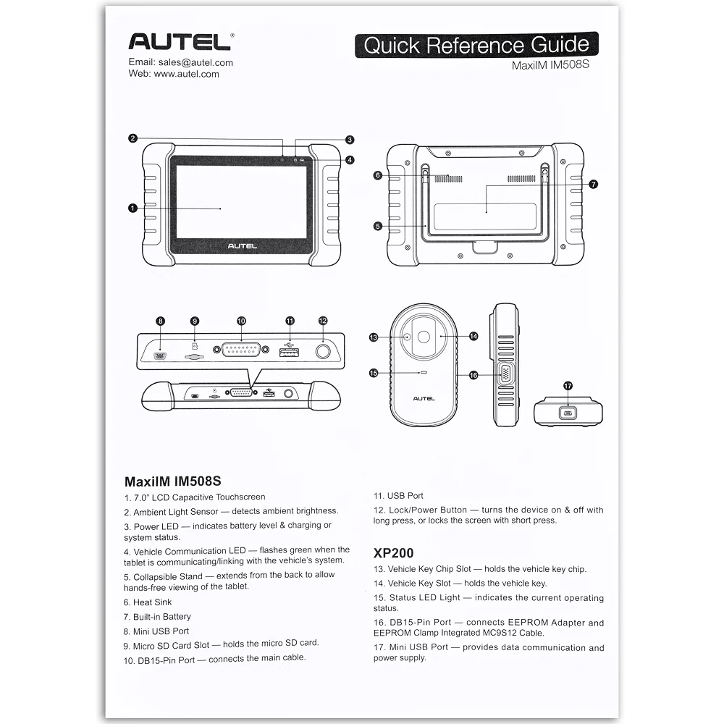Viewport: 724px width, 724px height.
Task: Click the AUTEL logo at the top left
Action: (180, 41)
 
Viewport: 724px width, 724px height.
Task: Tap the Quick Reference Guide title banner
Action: (476, 45)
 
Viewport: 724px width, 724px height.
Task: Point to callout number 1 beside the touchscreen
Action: (132, 209)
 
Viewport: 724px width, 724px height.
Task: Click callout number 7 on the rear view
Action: (593, 185)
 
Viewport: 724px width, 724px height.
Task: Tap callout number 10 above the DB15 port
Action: (241, 321)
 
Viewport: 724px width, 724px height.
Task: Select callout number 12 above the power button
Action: (323, 321)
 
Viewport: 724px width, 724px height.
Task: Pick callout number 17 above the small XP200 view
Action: (568, 386)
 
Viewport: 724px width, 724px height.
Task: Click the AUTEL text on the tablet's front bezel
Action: (242, 246)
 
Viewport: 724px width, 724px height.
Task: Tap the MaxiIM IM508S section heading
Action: (172, 481)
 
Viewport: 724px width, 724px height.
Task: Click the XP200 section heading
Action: (393, 552)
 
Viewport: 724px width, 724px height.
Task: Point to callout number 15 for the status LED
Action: (374, 373)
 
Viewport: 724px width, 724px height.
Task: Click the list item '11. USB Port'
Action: (398, 496)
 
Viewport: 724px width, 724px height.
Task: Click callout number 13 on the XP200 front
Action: (374, 337)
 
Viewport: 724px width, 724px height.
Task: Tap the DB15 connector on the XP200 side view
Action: (506, 374)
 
